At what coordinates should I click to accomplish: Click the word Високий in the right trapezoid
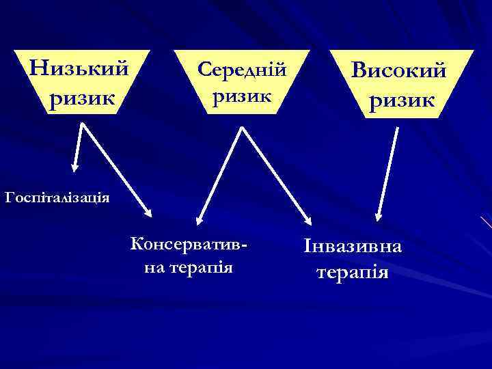click(x=400, y=70)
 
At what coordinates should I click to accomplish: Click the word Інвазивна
click(x=353, y=246)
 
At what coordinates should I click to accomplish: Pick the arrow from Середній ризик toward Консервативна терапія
click(x=219, y=175)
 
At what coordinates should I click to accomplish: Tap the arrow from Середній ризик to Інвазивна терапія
click(x=275, y=175)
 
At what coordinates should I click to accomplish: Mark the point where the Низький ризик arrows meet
click(x=83, y=124)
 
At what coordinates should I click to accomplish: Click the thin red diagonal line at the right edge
click(x=486, y=222)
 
